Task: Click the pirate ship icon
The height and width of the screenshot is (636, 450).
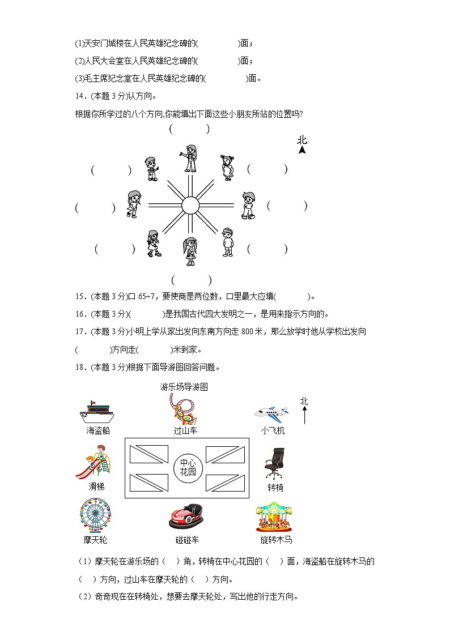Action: [97, 412]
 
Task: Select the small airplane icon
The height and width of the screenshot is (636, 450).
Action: [271, 412]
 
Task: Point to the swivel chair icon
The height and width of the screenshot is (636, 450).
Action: [275, 464]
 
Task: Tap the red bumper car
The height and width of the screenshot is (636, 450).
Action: [186, 516]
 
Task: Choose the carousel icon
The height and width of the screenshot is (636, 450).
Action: [274, 516]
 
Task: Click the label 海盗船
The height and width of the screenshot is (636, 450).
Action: [98, 430]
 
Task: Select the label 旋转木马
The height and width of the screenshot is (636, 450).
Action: [276, 540]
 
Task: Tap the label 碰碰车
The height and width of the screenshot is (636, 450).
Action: [187, 540]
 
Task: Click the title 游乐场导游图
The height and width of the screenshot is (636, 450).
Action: [184, 387]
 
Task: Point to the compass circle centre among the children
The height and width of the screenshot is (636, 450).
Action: [190, 205]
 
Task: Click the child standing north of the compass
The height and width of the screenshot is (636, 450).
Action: [190, 158]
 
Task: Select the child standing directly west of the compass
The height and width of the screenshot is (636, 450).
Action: [134, 204]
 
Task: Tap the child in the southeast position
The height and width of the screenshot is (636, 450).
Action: [227, 241]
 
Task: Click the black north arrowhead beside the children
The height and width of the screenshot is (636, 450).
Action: [302, 150]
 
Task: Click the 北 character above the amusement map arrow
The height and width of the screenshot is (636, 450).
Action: [304, 401]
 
